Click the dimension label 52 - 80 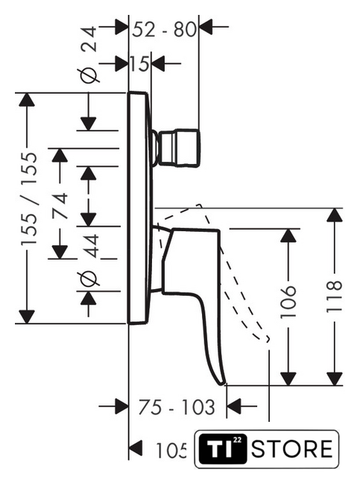[x=164, y=30]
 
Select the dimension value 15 [x=139, y=63]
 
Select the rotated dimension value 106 [x=288, y=302]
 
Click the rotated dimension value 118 [x=334, y=297]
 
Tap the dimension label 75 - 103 [x=177, y=408]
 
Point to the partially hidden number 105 [x=171, y=450]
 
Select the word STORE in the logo [x=292, y=449]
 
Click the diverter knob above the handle [x=178, y=148]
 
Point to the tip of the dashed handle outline [x=268, y=340]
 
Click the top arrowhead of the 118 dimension [x=335, y=215]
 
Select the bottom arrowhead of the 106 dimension [x=288, y=379]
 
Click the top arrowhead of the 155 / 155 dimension [x=27, y=99]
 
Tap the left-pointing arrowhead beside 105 [x=136, y=448]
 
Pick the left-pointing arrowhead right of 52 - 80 [x=205, y=27]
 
